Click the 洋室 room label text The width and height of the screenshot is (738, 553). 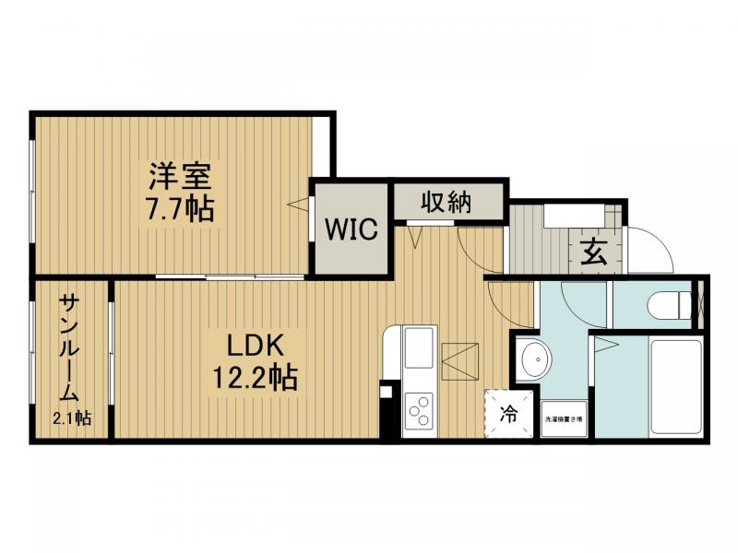pyautogui.click(x=181, y=174)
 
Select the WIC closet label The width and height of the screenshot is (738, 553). pyautogui.click(x=350, y=229)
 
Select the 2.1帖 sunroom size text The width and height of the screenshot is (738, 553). pyautogui.click(x=71, y=418)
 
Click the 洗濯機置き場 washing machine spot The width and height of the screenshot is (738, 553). pyautogui.click(x=564, y=419)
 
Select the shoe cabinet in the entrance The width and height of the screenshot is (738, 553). pyautogui.click(x=573, y=216)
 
